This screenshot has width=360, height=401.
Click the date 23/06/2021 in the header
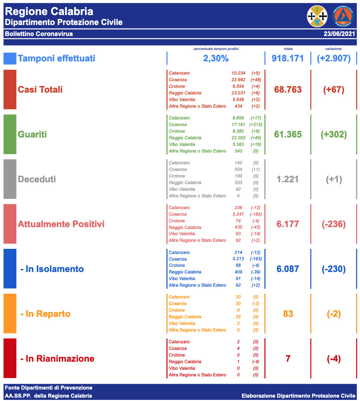click(x=339, y=34)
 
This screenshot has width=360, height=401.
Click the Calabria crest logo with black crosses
click(x=317, y=16)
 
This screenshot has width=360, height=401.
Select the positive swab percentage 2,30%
click(x=216, y=58)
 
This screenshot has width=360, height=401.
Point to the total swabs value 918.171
click(x=288, y=58)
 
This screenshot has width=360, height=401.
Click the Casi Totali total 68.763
click(x=288, y=90)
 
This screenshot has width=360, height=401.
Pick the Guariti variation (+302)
click(x=334, y=135)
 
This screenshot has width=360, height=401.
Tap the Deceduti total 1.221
click(x=288, y=179)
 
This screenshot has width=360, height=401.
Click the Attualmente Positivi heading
click(x=61, y=224)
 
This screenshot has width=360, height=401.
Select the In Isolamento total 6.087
click(x=288, y=269)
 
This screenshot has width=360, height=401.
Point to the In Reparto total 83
click(x=288, y=314)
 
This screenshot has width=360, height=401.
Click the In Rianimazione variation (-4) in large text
click(x=334, y=359)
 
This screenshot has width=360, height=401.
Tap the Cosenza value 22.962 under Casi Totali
click(x=238, y=80)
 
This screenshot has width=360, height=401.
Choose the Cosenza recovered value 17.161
click(x=238, y=125)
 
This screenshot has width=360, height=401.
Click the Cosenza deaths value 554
click(x=238, y=169)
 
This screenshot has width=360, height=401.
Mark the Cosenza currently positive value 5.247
click(x=238, y=214)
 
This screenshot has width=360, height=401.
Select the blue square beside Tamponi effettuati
click(x=10, y=58)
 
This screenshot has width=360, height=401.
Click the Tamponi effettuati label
click(x=56, y=58)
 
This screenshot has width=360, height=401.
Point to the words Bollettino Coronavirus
click(x=39, y=34)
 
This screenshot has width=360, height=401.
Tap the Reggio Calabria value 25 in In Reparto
click(x=238, y=317)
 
